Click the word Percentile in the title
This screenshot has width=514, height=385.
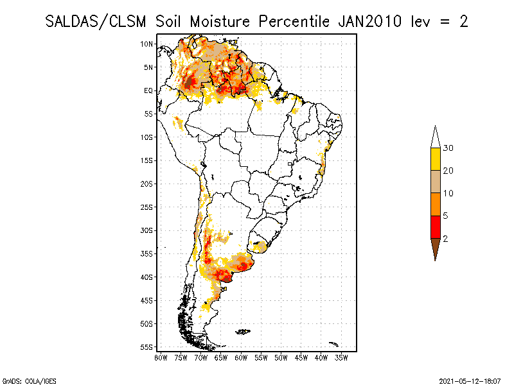[x=294, y=21]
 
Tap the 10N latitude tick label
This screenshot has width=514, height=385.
[x=147, y=44]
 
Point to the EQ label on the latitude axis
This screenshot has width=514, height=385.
[x=148, y=90]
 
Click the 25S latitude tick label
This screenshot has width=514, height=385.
[x=147, y=207]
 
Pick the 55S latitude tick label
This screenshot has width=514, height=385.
[x=147, y=347]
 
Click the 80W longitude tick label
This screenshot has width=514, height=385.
[x=161, y=357]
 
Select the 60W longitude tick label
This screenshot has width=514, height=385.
[x=241, y=357]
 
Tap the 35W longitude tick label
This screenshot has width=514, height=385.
[x=341, y=357]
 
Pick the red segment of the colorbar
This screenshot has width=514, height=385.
[x=435, y=227]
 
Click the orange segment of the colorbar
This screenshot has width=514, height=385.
[x=435, y=204]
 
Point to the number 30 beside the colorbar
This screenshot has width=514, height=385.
[x=448, y=148]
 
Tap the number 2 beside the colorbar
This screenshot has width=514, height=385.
[x=445, y=238]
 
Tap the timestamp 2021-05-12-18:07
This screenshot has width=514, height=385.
[x=470, y=380]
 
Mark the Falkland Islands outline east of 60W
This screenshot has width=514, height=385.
[x=243, y=331]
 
